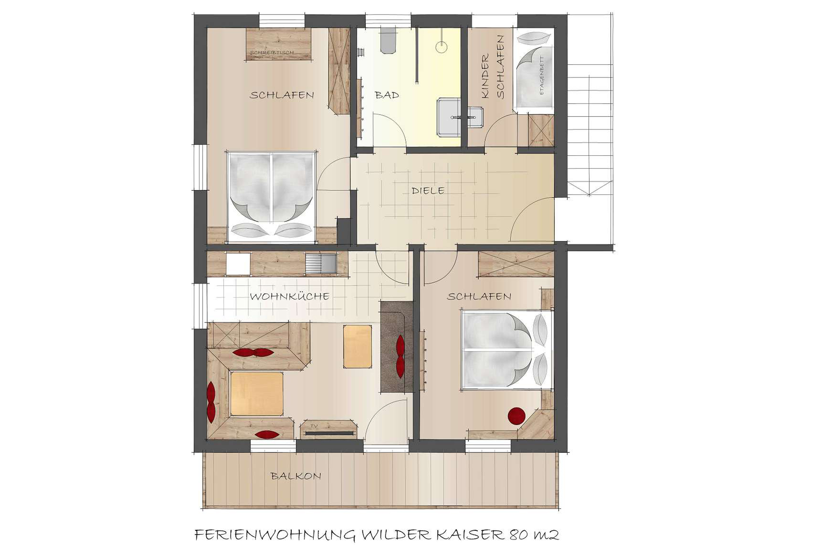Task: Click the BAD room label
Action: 387,95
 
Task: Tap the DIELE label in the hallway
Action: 428,190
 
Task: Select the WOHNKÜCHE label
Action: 289,296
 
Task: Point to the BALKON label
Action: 296,476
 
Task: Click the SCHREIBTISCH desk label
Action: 272,53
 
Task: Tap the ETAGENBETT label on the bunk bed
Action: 542,76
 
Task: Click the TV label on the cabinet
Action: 314,426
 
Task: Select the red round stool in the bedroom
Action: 517,416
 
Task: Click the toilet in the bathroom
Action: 389,41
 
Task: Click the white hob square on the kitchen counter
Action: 238,264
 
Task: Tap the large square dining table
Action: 256,393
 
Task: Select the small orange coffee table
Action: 357,346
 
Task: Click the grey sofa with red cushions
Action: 396,347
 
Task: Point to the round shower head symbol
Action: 442,47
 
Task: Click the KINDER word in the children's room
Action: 485,76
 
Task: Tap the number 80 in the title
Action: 518,534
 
